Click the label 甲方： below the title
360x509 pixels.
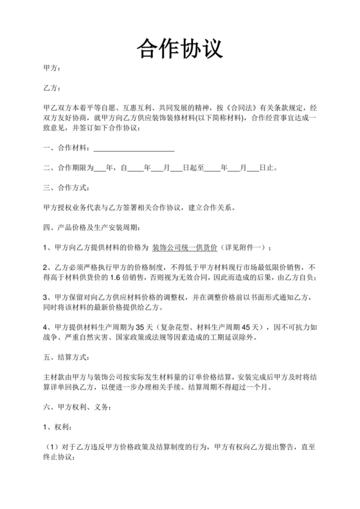(51, 68)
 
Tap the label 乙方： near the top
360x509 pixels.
(51, 87)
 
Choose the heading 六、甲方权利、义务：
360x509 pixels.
(77, 407)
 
